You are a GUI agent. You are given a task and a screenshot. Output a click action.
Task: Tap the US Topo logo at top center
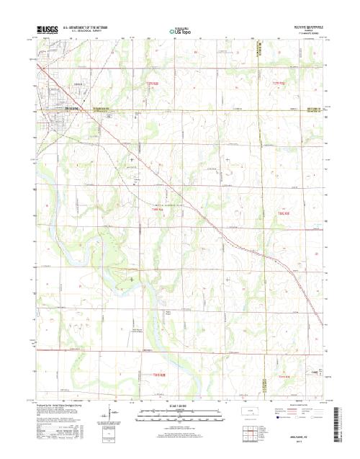point(180,32)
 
